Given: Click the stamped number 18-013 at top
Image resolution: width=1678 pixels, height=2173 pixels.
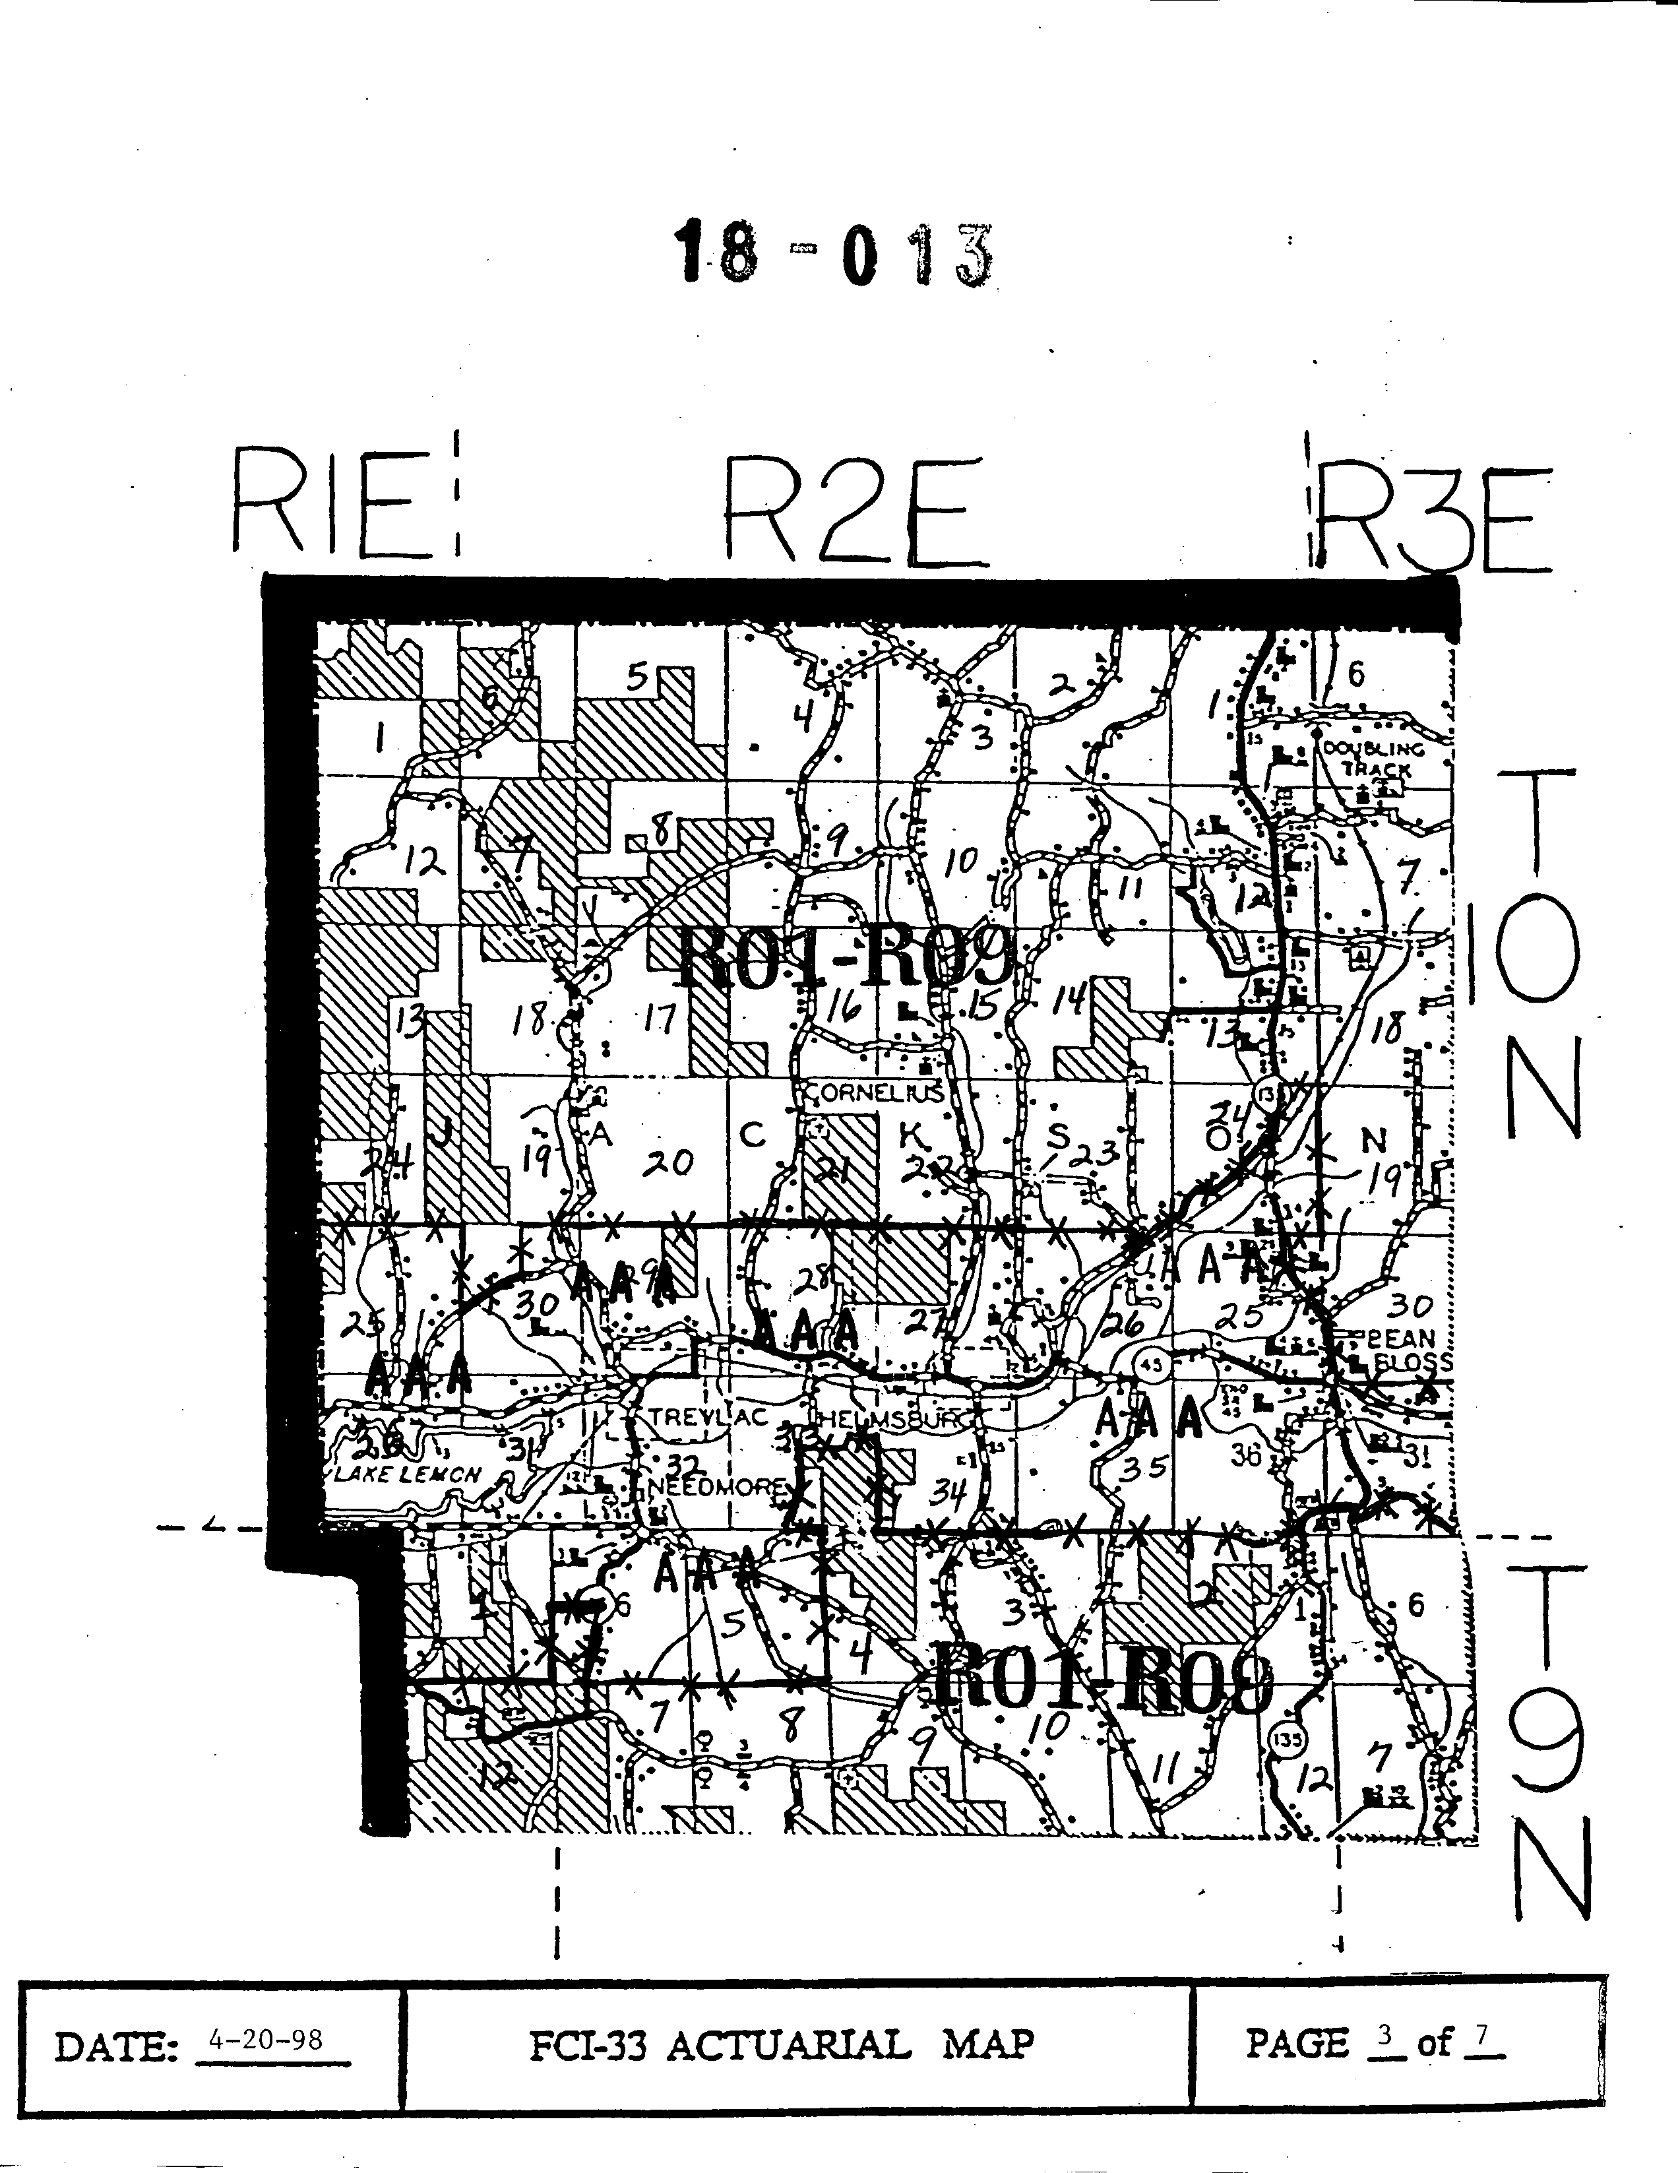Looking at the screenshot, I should pyautogui.click(x=834, y=255).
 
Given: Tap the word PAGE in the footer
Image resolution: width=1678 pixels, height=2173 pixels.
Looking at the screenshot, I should pyautogui.click(x=1296, y=2044).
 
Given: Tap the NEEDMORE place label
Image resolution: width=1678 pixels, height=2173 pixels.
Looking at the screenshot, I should pyautogui.click(x=718, y=1488).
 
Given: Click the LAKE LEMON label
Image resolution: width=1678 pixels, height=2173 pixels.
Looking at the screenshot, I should pyautogui.click(x=408, y=1474).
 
